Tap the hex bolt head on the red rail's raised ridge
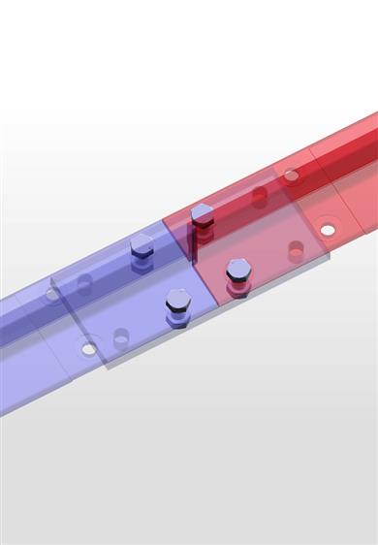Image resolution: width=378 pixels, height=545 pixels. click(203, 213)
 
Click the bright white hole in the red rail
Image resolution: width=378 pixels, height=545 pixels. click(328, 230)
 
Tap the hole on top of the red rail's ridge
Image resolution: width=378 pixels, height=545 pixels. click(292, 176)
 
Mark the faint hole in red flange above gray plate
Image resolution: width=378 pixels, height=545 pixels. click(296, 249)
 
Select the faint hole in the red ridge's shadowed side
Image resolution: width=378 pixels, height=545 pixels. click(259, 196)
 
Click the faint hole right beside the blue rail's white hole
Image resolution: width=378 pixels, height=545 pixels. click(120, 337)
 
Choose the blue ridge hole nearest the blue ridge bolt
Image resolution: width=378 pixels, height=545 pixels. click(84, 284)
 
